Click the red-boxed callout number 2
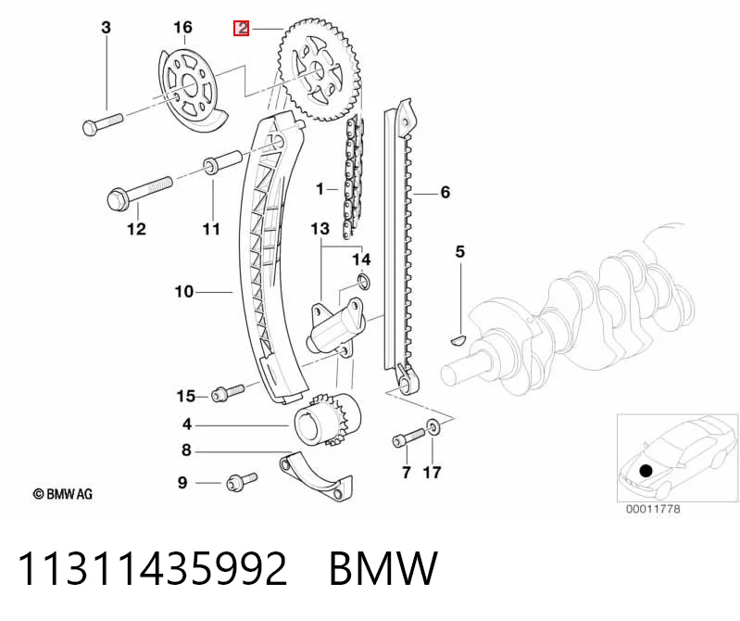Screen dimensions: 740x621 [x=242, y=29]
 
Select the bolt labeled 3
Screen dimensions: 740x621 [x=103, y=121]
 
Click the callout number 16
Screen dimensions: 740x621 [x=182, y=28]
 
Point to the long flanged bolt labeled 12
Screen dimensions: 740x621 [x=139, y=190]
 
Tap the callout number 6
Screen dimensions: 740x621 [x=445, y=192]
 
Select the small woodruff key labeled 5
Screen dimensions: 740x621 [x=457, y=339]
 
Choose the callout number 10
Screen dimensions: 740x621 [x=184, y=291]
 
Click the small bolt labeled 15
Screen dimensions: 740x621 [x=228, y=392]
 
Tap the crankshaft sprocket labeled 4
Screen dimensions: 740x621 [x=328, y=420]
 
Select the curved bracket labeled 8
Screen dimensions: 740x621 [x=315, y=478]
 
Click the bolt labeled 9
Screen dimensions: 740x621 [x=242, y=482]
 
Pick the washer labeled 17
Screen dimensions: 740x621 [x=433, y=427]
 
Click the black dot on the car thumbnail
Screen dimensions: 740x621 [x=646, y=470]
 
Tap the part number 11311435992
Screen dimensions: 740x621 [x=153, y=568]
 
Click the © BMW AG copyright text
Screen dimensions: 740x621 [x=63, y=494]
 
